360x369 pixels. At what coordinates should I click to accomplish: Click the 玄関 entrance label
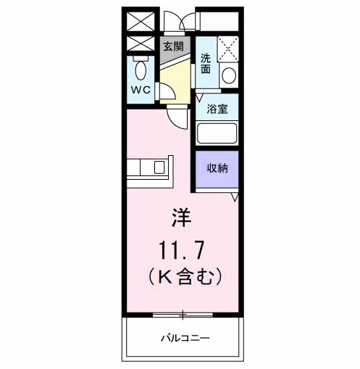click(x=172, y=46)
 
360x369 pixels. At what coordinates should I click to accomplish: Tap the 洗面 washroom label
click(x=206, y=64)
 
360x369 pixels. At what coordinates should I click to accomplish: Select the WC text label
click(x=141, y=91)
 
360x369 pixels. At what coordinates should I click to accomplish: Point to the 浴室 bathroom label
click(x=217, y=110)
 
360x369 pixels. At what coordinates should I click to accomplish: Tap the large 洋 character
click(x=180, y=217)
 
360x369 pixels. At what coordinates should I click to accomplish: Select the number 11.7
click(x=181, y=250)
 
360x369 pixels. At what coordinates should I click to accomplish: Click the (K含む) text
click(x=181, y=276)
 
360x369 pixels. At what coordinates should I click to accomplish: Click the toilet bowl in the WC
click(x=141, y=70)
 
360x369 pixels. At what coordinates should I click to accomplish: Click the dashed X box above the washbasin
click(x=228, y=49)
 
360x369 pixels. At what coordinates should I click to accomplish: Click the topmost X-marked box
click(x=141, y=21)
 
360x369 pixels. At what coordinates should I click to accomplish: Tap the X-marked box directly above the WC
click(x=141, y=43)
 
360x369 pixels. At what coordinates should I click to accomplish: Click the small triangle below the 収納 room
click(x=235, y=196)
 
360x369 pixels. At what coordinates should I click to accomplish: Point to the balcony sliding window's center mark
click(x=183, y=315)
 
